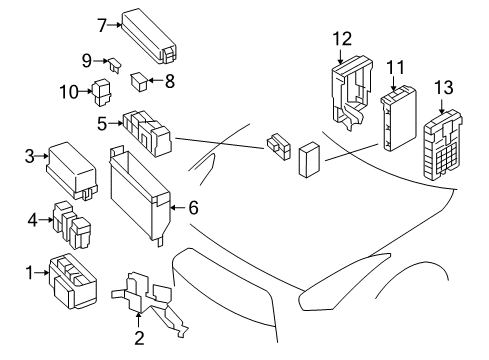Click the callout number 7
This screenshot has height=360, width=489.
pos(102,24)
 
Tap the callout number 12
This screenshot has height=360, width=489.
pos(342,39)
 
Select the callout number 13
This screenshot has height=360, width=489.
pos(441,89)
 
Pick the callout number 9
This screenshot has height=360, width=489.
pos(86,60)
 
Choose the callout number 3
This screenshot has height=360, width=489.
pos(30,156)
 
